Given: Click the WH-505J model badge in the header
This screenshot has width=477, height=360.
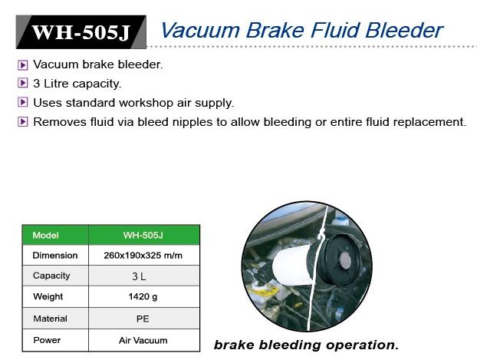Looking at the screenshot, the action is point(81,32).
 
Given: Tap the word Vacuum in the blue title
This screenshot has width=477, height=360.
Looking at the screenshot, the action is point(200,31).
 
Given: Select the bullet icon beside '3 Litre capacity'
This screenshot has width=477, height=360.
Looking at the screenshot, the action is point(23,83).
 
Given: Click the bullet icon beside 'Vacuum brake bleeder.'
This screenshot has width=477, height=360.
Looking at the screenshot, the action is point(23,65).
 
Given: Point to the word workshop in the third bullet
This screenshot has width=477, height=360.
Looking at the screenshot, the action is point(146,104).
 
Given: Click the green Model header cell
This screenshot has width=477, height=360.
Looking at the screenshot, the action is point(55,235).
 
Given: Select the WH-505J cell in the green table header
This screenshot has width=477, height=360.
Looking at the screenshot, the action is point(144,235).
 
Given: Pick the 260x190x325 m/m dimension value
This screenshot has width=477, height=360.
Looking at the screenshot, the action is point(143,256).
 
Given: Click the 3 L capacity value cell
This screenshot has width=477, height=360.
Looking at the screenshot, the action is point(144,276).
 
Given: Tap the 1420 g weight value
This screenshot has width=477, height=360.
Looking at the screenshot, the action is point(143,296).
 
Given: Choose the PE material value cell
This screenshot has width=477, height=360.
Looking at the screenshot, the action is point(144,319).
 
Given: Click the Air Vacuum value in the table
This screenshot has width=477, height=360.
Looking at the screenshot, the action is point(143,340).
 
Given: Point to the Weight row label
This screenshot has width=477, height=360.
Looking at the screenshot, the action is point(48,296).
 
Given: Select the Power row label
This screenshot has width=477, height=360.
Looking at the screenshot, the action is point(47,340).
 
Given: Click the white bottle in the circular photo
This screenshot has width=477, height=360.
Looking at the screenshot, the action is point(293,265).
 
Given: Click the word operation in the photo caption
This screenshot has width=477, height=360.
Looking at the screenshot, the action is point(362,345).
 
